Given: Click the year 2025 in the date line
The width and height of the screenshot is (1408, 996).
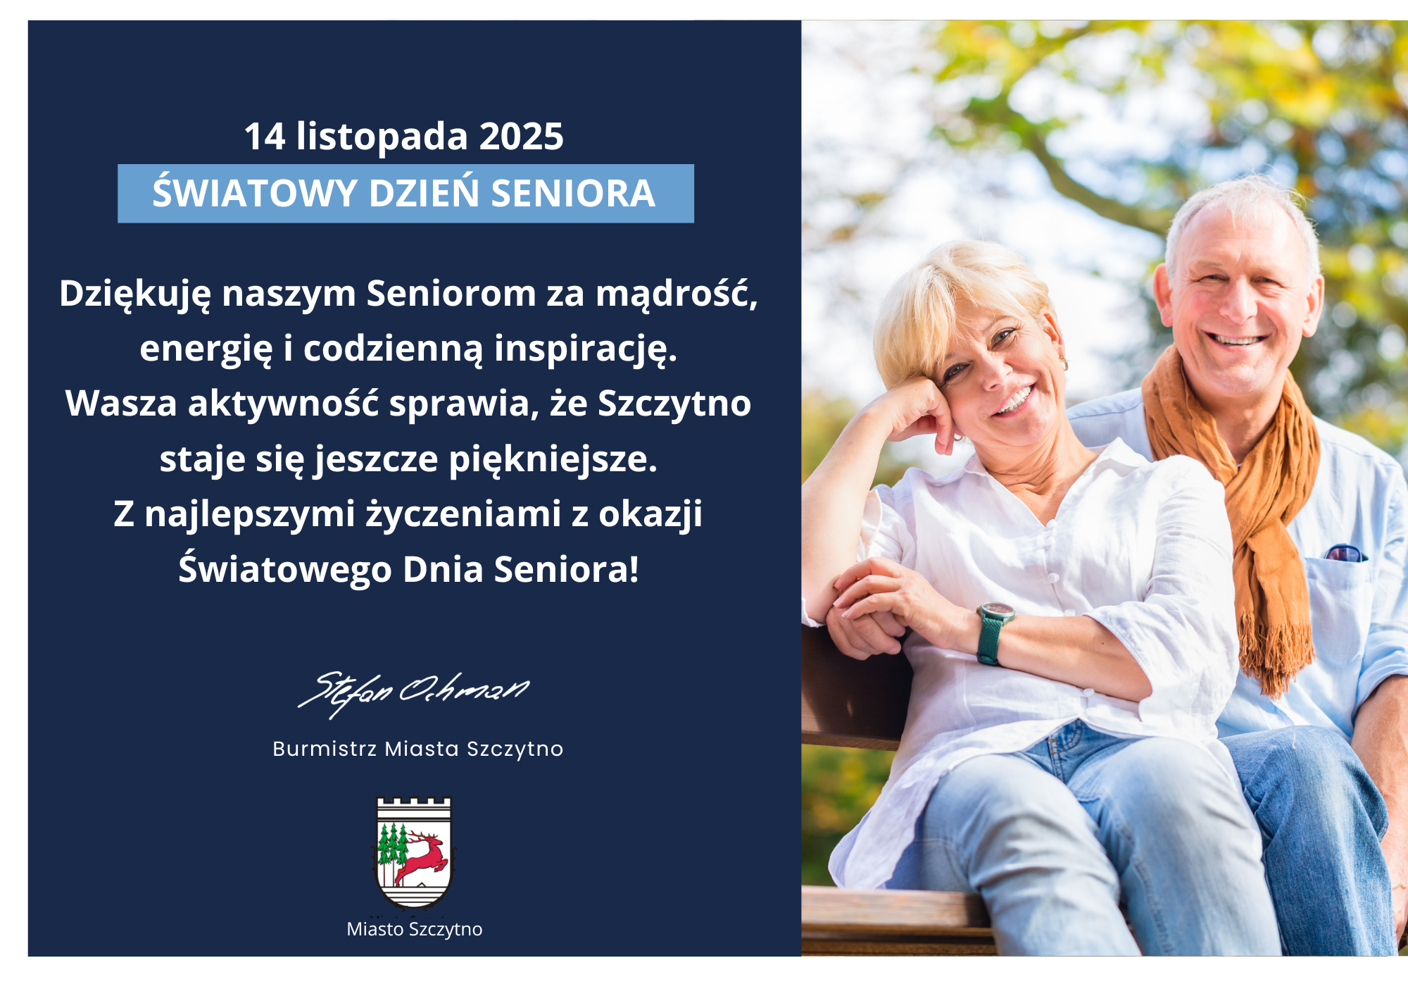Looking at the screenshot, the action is click(x=521, y=136).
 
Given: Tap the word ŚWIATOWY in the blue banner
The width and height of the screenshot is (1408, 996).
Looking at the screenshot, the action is click(x=255, y=193).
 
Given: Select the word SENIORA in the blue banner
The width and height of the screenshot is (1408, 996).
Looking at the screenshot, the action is click(x=573, y=194).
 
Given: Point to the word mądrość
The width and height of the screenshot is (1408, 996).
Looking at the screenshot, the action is click(x=677, y=294).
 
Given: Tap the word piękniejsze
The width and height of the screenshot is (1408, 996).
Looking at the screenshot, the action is click(x=553, y=460).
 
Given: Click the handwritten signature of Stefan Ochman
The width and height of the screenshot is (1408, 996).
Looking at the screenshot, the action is click(x=414, y=693).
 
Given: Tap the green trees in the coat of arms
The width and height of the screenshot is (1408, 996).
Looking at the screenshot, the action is click(x=392, y=846).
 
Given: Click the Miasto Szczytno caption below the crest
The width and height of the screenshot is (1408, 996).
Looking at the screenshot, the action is click(x=415, y=929).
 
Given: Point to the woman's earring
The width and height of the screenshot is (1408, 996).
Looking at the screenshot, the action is click(x=1064, y=364).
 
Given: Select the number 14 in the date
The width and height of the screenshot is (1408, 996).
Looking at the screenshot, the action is click(x=265, y=136).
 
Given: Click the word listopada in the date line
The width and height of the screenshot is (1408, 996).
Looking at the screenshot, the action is click(x=382, y=136).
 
